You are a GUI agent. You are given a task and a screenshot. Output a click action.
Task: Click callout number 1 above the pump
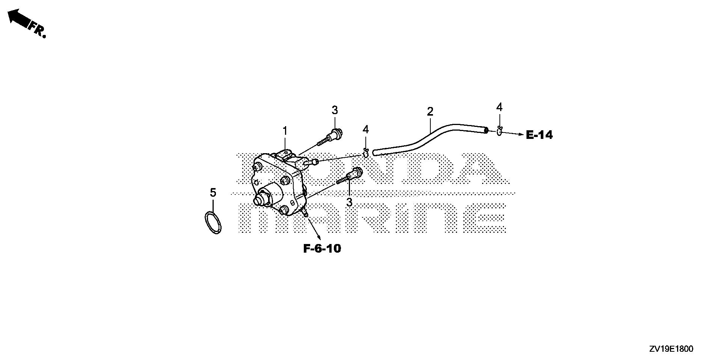pos(285,131)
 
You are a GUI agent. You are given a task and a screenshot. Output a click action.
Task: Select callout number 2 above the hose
pos(430,111)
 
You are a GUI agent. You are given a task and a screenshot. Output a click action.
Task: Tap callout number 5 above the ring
pos(213,193)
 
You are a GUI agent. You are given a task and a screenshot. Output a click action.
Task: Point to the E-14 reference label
pos(539,135)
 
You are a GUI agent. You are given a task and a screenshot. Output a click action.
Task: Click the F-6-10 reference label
pos(322,249)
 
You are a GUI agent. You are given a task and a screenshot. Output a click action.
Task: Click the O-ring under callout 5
pos(213,223)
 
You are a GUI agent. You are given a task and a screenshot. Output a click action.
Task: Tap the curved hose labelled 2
pos(430,139)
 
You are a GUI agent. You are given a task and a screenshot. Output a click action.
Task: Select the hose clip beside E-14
pos(499,131)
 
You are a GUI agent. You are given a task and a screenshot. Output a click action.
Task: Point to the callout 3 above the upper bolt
pos(335,110)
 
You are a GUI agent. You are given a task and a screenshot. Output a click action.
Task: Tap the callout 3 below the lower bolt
pos(349,202)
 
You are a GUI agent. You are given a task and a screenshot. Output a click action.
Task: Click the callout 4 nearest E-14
pos(499,107)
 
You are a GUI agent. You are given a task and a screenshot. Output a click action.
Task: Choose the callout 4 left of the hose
pos(366,130)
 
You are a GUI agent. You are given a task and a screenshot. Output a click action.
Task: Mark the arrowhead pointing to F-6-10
pos(318,237)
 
